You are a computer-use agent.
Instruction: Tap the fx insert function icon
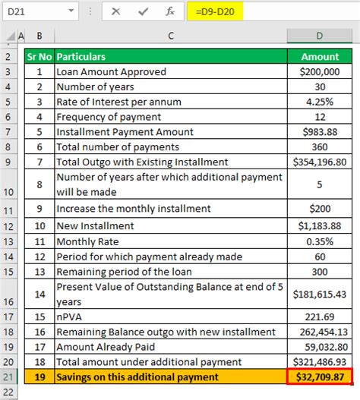(x=172, y=13)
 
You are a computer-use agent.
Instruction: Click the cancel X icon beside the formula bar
(x=116, y=13)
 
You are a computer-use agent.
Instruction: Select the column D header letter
(x=321, y=36)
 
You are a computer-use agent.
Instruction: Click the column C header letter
(x=170, y=36)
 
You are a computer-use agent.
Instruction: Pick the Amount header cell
(x=321, y=57)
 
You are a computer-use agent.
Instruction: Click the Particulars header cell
(x=170, y=57)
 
